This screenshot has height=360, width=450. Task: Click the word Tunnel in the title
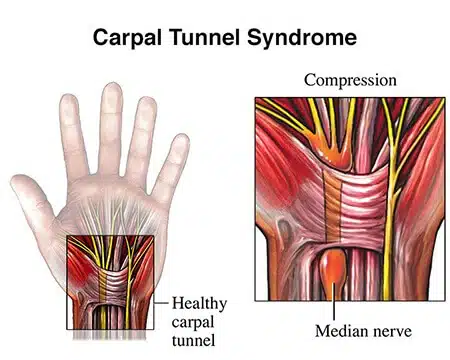coord(216,39)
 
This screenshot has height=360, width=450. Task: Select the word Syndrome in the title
coord(306,39)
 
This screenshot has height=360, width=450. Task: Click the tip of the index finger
coord(68,101)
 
